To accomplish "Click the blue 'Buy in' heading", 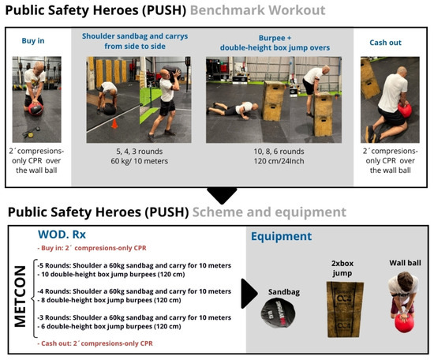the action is (33, 41).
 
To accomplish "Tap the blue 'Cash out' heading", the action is (385, 43).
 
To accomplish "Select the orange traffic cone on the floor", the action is (114, 123).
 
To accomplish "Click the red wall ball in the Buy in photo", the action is (36, 109).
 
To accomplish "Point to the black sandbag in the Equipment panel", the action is (278, 313).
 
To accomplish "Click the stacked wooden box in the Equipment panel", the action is (345, 309).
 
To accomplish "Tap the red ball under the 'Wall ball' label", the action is (404, 322).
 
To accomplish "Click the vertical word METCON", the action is (21, 296).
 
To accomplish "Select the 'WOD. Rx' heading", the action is (62, 234).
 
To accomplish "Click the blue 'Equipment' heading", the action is (281, 236).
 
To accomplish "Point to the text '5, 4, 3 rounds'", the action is (139, 152).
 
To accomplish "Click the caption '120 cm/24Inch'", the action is (279, 161).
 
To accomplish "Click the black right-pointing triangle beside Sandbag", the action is (249, 294).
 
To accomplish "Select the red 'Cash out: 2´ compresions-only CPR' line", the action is (95, 343).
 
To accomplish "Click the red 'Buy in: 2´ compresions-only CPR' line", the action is (92, 248).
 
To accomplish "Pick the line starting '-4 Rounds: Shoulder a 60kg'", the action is (134, 291).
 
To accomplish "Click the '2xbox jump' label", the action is (342, 268).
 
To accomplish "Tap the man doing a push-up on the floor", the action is (233, 109).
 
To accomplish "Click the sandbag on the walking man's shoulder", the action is (171, 71).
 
